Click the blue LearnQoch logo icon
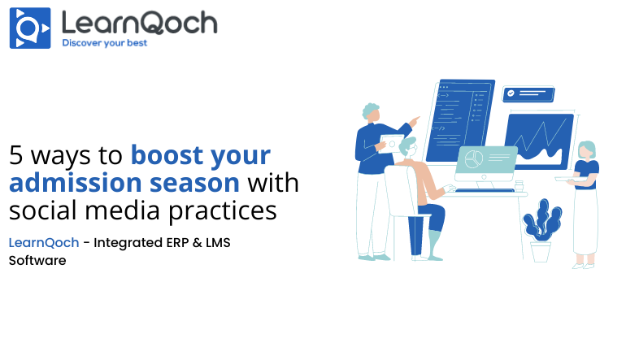pyautogui.click(x=30, y=28)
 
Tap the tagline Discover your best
pyautogui.click(x=104, y=43)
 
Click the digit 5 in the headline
pyautogui.click(x=16, y=155)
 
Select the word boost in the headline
pyautogui.click(x=167, y=154)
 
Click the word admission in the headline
pyautogui.click(x=76, y=183)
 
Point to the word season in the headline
pyautogui.click(x=195, y=184)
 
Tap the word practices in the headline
pyautogui.click(x=223, y=211)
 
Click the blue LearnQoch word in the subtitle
pyautogui.click(x=44, y=243)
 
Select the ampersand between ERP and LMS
pyautogui.click(x=198, y=243)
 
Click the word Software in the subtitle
pyautogui.click(x=37, y=261)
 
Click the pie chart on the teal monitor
pyautogui.click(x=473, y=158)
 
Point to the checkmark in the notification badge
pyautogui.click(x=511, y=93)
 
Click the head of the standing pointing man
pyautogui.click(x=371, y=112)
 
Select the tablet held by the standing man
pyautogui.click(x=391, y=143)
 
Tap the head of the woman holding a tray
pyautogui.click(x=587, y=150)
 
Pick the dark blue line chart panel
pyautogui.click(x=539, y=141)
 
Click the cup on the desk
pyautogui.click(x=519, y=186)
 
